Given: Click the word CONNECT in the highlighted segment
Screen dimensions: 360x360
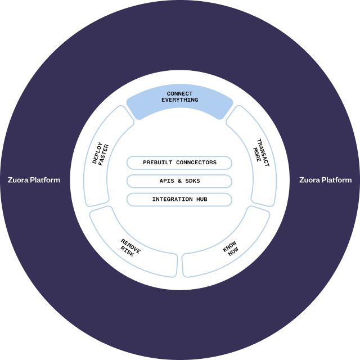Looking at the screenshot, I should click(179, 93).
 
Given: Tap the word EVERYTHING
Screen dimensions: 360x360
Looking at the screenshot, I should click(179, 100).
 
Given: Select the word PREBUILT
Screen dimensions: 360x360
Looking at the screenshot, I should click(156, 163).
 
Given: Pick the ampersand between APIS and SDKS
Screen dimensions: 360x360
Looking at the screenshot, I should click(179, 181).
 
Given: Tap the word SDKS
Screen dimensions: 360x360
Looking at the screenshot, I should click(192, 181).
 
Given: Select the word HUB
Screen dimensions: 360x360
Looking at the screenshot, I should click(201, 200).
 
